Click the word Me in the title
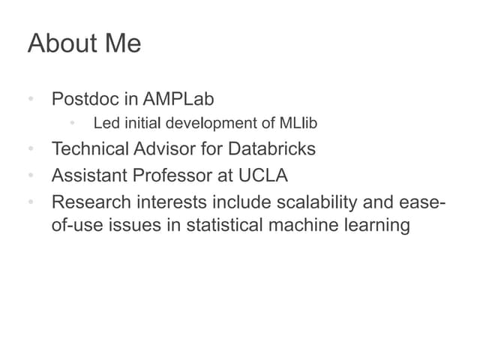click(122, 43)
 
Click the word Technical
click(90, 148)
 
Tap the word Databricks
click(271, 148)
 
